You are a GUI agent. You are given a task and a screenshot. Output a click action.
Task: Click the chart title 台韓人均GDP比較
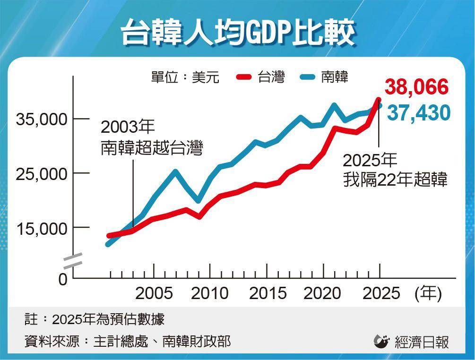click(238, 32)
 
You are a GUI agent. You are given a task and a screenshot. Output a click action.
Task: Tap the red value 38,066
click(416, 87)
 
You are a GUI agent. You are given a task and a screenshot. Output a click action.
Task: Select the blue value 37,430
click(418, 113)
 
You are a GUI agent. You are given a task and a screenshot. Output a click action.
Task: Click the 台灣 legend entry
click(261, 77)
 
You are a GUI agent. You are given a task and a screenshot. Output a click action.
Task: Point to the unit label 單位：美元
click(185, 77)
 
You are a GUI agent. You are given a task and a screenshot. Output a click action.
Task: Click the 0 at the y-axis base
click(63, 279)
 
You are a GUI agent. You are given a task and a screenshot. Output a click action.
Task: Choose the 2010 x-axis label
click(210, 293)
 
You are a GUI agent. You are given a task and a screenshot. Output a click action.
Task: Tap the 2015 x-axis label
click(268, 293)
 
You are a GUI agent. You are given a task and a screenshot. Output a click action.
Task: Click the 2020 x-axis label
click(322, 293)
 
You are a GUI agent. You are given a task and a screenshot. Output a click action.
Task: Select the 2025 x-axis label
click(381, 293)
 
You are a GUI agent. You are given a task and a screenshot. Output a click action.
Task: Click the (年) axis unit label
click(428, 294)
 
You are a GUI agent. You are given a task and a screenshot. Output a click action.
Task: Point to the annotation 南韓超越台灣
click(152, 150)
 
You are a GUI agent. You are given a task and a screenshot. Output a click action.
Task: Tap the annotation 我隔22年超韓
click(395, 180)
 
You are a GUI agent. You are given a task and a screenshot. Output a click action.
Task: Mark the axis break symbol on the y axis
click(73, 260)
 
